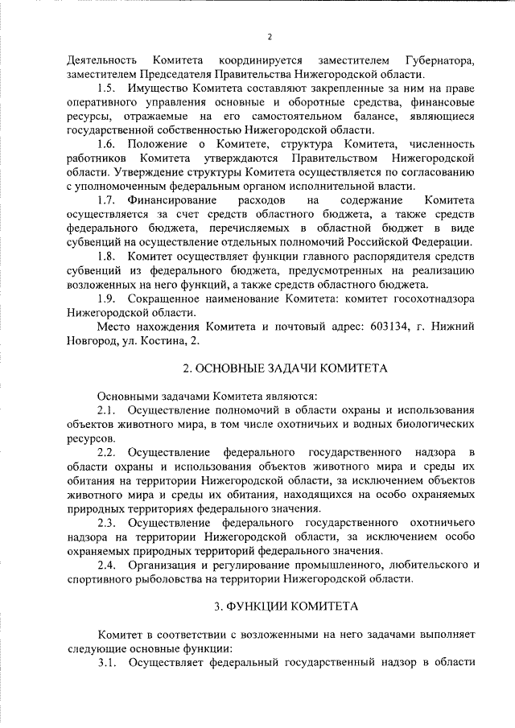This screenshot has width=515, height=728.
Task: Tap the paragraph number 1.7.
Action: tap(107, 199)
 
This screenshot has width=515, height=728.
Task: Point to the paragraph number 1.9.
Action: tap(107, 298)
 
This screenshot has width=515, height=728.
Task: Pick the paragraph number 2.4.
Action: tap(107, 565)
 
